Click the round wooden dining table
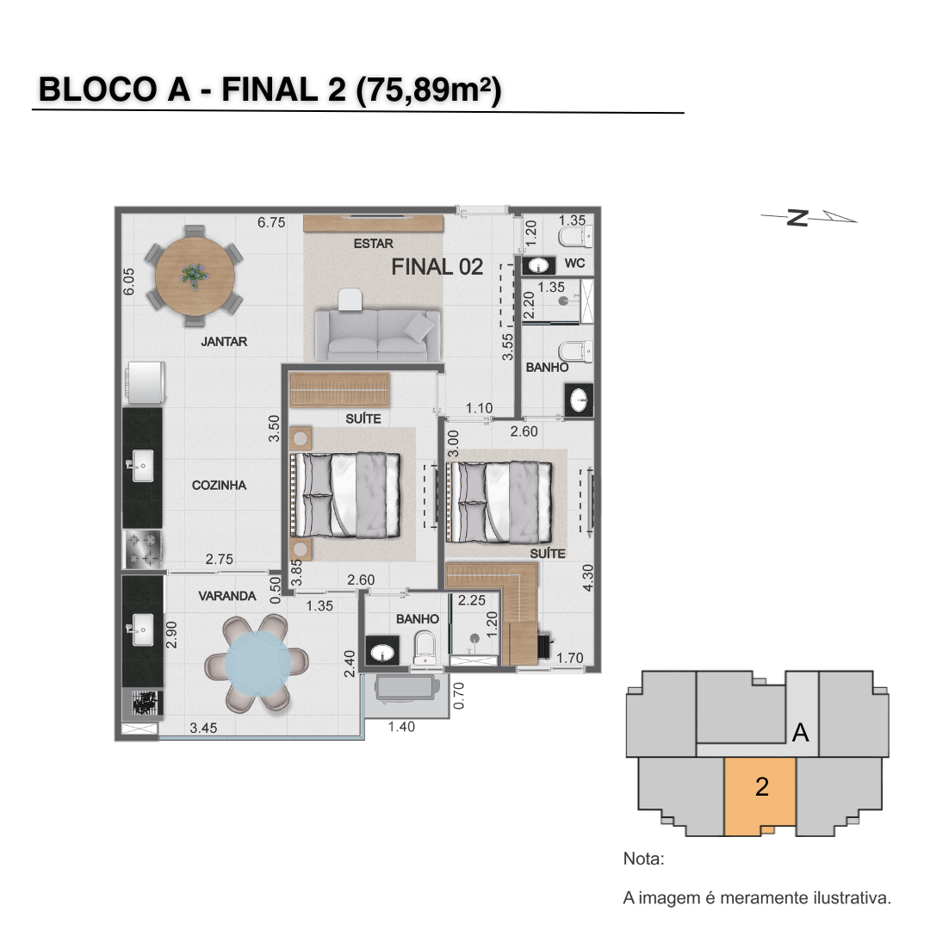point(195,277)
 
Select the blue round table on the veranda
point(257,664)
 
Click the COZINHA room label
point(219,485)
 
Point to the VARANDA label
point(227,596)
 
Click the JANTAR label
point(224,342)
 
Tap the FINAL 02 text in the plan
point(437,267)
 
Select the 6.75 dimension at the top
point(271,222)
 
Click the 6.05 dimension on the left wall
point(128,281)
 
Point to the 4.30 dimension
point(587,578)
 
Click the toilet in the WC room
point(575,237)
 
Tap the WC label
point(574,263)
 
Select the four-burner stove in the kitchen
point(143,549)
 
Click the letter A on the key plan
point(801,733)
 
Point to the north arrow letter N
point(797,218)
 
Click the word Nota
point(643,859)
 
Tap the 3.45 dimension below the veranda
point(203,728)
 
